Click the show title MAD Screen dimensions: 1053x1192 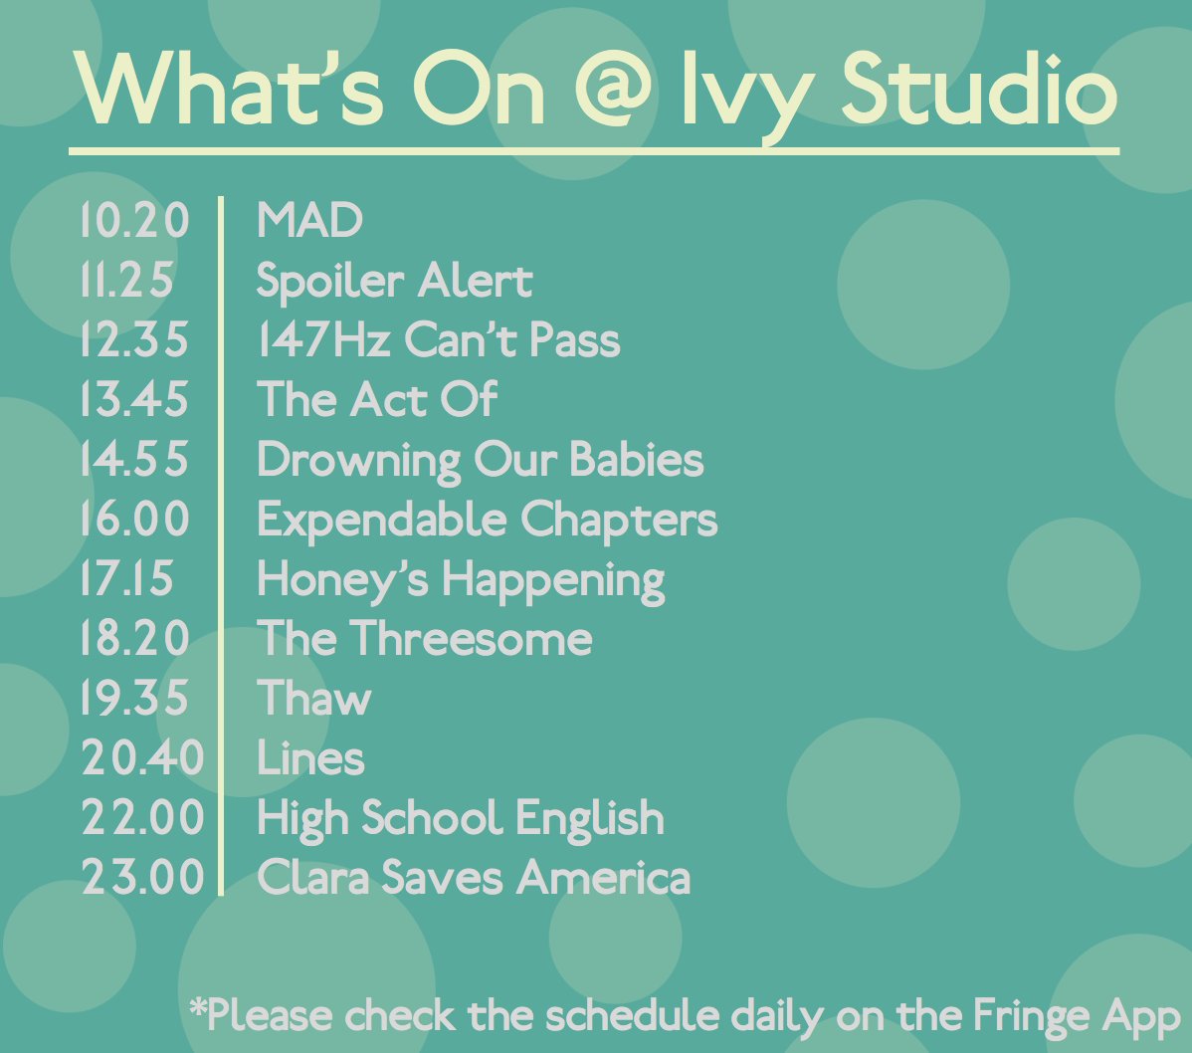click(x=309, y=220)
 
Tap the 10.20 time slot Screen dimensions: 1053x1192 click(x=134, y=220)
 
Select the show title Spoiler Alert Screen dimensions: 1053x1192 click(x=394, y=281)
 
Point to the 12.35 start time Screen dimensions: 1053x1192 click(x=134, y=340)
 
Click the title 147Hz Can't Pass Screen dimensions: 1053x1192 click(x=438, y=340)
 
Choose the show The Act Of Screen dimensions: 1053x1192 click(x=376, y=400)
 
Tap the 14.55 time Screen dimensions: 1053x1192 click(x=134, y=460)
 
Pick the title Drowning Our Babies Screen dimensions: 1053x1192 click(x=480, y=460)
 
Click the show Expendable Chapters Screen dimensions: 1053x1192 click(x=487, y=520)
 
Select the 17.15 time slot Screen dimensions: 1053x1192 click(x=126, y=579)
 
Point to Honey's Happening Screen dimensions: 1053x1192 click(x=461, y=580)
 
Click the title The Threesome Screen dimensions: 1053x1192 click(x=424, y=639)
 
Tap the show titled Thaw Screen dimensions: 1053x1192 click(x=313, y=699)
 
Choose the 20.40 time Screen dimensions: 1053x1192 click(x=142, y=758)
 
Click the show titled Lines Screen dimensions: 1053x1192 click(x=310, y=758)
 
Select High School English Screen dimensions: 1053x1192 click(x=460, y=819)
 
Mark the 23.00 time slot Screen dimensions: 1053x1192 click(x=142, y=879)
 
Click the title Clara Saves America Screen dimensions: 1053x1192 click(x=473, y=879)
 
